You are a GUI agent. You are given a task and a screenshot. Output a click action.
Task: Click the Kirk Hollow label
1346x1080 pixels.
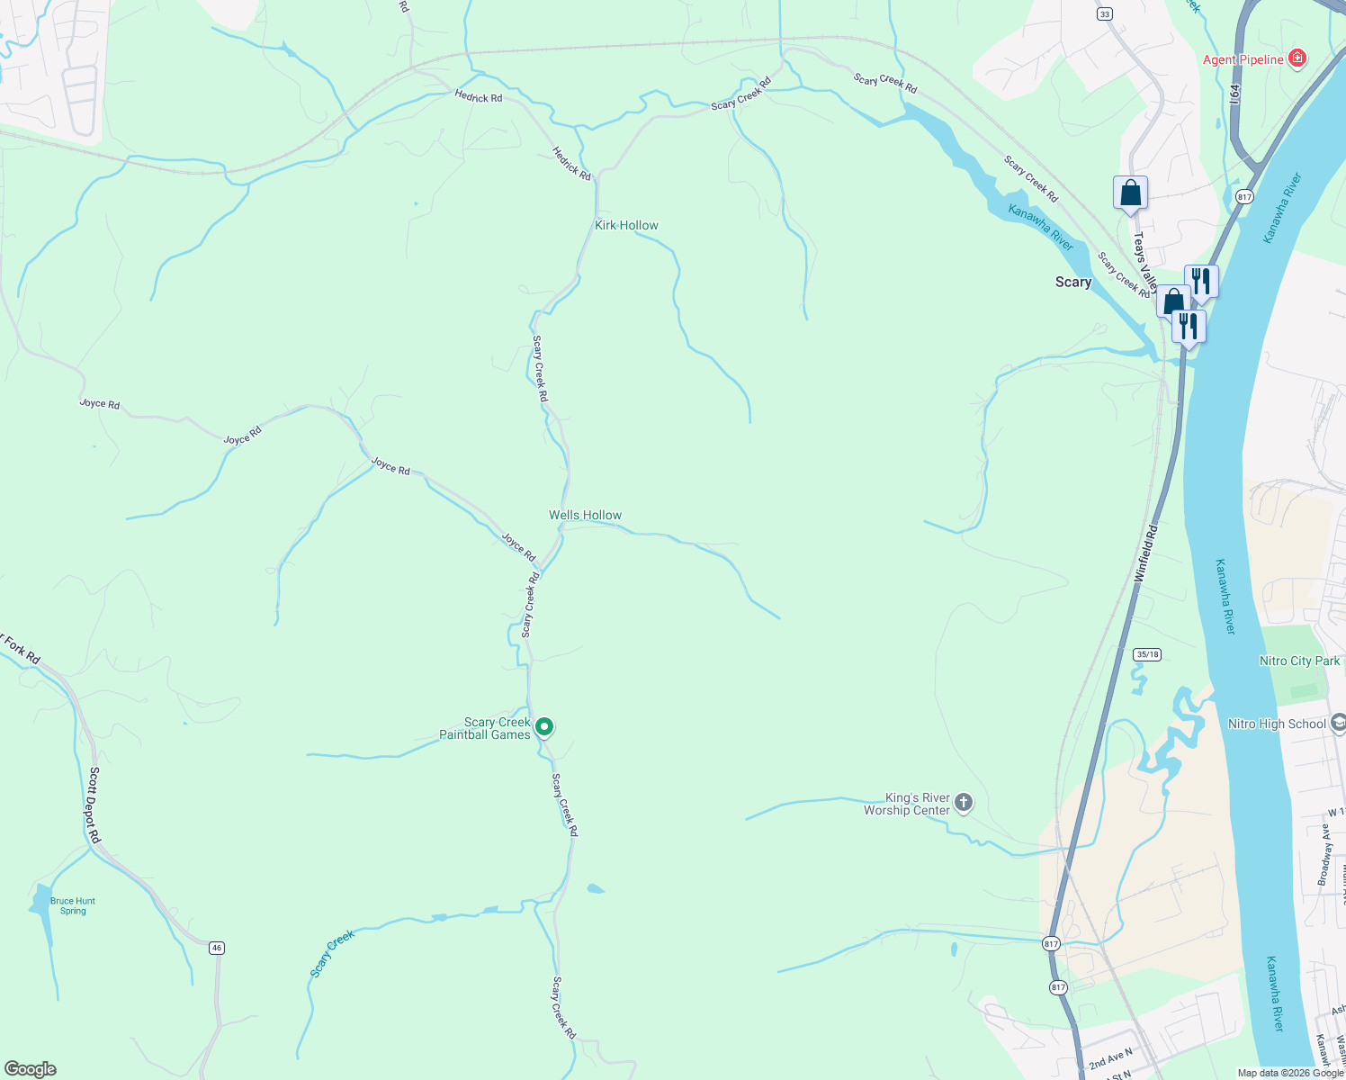(x=626, y=225)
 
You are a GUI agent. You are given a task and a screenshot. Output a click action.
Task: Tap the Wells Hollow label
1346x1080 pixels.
(x=585, y=515)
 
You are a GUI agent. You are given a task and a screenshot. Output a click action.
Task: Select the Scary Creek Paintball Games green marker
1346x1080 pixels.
(x=544, y=726)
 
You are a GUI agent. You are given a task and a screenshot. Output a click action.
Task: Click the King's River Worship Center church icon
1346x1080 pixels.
(x=964, y=802)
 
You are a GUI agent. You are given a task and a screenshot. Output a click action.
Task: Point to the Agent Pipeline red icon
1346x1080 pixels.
(x=1297, y=59)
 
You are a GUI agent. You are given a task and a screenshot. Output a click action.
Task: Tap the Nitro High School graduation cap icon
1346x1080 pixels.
(x=1338, y=724)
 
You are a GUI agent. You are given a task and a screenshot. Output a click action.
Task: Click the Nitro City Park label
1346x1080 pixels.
(x=1299, y=661)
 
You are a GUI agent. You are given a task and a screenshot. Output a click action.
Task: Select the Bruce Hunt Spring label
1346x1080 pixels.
(x=73, y=905)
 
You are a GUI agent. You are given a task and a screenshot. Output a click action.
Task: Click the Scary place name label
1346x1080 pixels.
(x=1072, y=282)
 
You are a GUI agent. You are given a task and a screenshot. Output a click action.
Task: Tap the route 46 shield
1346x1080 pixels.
(x=216, y=948)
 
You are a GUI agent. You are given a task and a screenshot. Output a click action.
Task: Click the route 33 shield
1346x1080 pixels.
(x=1105, y=13)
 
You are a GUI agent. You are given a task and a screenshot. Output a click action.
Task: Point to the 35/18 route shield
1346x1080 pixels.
(x=1146, y=654)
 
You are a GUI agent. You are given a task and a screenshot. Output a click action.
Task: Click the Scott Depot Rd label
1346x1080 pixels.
(x=94, y=805)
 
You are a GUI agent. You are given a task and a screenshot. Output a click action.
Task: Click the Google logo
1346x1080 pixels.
(x=30, y=1069)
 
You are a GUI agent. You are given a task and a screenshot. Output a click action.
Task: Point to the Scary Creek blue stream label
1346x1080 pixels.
(x=333, y=953)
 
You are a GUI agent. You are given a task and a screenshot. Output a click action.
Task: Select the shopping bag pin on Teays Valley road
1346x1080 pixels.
(x=1130, y=193)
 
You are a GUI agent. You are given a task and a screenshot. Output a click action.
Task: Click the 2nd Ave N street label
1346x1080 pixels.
(x=1109, y=1057)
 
